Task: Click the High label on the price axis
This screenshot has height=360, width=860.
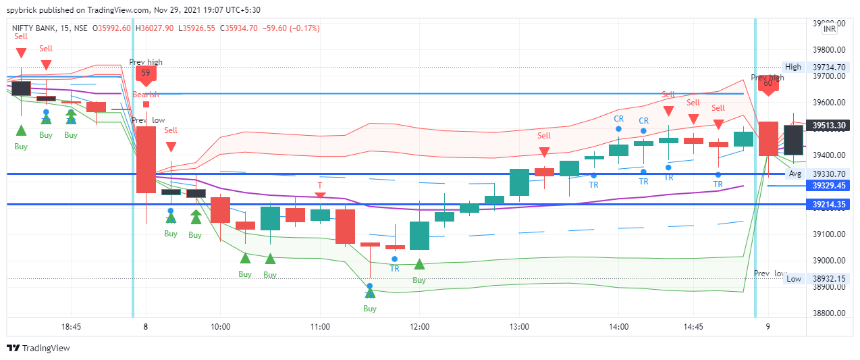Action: tap(793, 67)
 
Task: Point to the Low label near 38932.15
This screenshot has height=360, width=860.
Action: tap(794, 279)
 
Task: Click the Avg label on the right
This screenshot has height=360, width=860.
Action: tap(795, 174)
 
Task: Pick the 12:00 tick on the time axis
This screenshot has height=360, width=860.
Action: tap(419, 326)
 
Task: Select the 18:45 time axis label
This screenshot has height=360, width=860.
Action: tap(71, 326)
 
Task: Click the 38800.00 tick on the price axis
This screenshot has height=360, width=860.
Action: tap(830, 313)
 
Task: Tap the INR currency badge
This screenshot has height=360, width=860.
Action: tap(830, 29)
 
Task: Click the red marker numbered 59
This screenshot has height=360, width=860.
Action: tap(146, 74)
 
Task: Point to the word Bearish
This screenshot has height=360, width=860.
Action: tap(146, 95)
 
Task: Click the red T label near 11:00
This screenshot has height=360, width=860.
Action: tap(320, 184)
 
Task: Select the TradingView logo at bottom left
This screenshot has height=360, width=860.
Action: tap(38, 349)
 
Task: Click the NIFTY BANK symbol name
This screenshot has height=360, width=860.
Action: tap(34, 28)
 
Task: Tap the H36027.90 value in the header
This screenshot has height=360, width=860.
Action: tap(155, 28)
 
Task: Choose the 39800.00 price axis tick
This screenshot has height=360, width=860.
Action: tap(830, 50)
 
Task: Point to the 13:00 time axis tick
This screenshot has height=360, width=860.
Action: tap(518, 326)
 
